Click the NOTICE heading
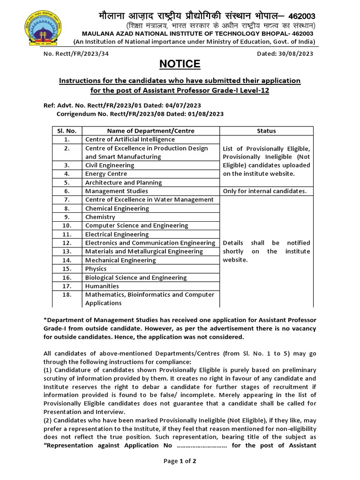pos(180,64)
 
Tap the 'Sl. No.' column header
pos(67,131)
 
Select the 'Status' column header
pos(266,131)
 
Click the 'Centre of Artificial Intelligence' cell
pos(130,139)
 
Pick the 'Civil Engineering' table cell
pos(110,165)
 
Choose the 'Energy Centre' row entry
pos(106,174)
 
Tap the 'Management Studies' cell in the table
pos(116,191)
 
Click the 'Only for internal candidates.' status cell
pos(265,191)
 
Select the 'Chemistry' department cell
pos(100,217)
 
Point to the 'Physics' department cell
pos(96,269)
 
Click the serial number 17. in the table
pos(67,286)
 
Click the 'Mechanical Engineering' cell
pos(120,260)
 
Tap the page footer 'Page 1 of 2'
pos(180,461)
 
